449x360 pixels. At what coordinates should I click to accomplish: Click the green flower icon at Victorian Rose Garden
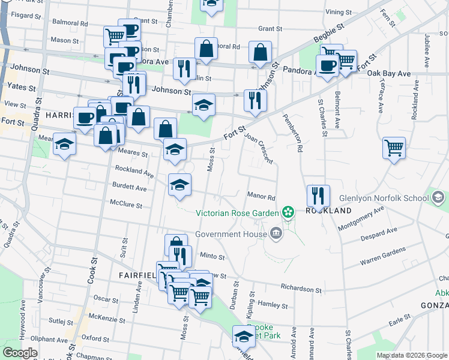(288, 212)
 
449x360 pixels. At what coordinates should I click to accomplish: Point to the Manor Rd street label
(261, 196)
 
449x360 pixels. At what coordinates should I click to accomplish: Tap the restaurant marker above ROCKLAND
(318, 196)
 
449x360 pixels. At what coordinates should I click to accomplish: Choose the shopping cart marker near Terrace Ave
(394, 148)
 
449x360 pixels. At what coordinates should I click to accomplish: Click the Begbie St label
(328, 40)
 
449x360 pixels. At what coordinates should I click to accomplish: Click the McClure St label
(125, 205)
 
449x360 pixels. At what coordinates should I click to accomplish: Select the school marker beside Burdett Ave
(179, 185)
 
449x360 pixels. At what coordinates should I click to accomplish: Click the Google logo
(20, 353)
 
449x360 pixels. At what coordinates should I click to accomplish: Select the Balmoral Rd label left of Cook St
(70, 24)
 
